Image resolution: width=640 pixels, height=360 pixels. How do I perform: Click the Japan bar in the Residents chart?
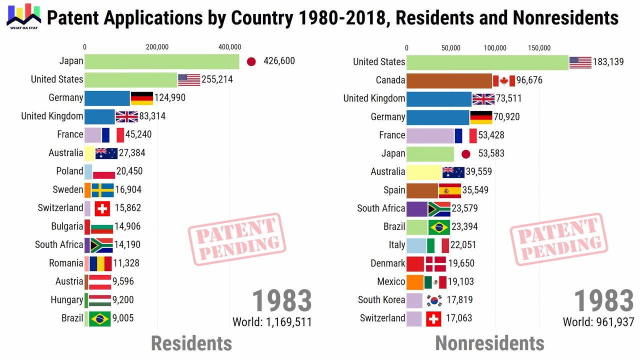point(161,61)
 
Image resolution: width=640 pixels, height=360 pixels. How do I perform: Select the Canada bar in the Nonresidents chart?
point(449,80)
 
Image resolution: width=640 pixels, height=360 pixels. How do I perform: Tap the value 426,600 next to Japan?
point(279,61)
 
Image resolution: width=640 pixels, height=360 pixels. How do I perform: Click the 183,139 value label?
point(608,62)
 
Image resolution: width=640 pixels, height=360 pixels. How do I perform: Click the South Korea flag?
point(434,300)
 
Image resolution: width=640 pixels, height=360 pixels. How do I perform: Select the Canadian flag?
point(503,80)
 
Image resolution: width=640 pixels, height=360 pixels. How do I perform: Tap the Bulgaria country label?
point(67,226)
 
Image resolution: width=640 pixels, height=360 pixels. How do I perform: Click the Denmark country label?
point(387,263)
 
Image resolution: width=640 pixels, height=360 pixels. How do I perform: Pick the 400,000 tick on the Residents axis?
point(229,47)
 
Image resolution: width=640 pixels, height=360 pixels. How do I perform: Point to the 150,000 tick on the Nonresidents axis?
point(539,48)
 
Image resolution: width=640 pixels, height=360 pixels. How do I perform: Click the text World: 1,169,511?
point(272,322)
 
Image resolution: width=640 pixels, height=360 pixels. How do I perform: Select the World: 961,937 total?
point(598,322)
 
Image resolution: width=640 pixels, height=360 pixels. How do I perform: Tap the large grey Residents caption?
point(191,343)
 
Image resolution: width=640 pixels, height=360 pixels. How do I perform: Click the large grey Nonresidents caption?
point(489,343)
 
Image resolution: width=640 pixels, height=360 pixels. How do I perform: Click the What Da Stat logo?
point(23,15)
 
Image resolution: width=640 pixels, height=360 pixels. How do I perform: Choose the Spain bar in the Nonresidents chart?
point(422,190)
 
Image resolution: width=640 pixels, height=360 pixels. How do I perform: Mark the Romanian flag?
point(100,263)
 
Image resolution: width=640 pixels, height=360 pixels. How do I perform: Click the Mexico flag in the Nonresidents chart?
point(435,282)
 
